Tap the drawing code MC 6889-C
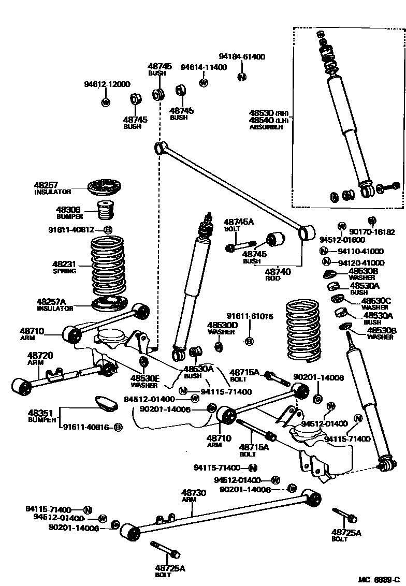point(379,579)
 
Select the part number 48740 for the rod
point(278,271)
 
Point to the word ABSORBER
point(266,127)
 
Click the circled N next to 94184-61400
point(241,77)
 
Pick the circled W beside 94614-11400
point(204,82)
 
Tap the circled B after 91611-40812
point(108,230)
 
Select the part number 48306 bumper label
point(68,210)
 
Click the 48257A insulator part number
point(51,301)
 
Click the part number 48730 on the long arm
point(194,493)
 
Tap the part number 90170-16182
point(372,232)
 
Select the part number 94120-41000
point(361,263)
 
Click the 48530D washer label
point(223,325)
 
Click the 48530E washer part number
point(144,378)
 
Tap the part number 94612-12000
point(107,84)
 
